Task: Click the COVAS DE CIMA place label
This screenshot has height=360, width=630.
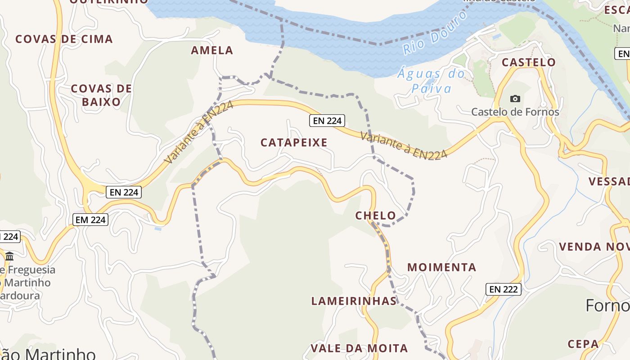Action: [64, 39]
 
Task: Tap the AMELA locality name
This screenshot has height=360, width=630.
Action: [212, 50]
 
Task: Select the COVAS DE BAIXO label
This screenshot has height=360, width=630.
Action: [101, 95]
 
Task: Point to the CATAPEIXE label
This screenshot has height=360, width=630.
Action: [294, 143]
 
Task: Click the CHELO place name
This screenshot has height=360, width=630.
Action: [375, 216]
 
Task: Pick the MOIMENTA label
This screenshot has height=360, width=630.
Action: [441, 267]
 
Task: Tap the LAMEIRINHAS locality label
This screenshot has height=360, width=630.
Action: [354, 301]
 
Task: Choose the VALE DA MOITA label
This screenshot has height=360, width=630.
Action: [359, 348]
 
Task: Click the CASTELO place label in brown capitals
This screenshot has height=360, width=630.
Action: [528, 62]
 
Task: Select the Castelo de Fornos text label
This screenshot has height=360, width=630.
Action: [515, 112]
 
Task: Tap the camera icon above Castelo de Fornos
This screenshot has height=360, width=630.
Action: [515, 99]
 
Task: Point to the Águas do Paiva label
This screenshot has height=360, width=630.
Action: [431, 81]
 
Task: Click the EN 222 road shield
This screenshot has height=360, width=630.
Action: [503, 289]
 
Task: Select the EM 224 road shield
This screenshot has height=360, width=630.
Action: [90, 220]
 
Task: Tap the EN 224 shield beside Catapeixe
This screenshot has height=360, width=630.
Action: [327, 121]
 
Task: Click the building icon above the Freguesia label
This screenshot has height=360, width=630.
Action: [9, 256]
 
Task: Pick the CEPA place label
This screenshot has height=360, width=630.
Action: [583, 344]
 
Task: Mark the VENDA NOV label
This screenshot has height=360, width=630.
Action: [593, 247]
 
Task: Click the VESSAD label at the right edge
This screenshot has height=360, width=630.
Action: [608, 182]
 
